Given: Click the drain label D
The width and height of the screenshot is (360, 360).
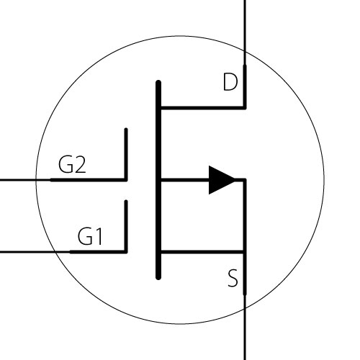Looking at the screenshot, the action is [x=230, y=82].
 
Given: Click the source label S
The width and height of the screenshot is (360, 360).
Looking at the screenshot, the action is [x=233, y=278].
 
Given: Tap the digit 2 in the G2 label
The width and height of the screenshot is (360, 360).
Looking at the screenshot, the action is [x=79, y=164].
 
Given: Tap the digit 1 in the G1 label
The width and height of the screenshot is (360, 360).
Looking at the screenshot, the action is [x=99, y=236].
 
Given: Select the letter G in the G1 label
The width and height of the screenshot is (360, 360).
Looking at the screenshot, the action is [x=85, y=236].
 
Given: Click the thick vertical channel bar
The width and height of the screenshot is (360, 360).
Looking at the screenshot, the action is [x=158, y=180].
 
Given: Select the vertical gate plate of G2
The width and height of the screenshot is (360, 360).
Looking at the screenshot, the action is [x=126, y=154].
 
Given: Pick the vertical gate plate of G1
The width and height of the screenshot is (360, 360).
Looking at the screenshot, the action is [x=126, y=226].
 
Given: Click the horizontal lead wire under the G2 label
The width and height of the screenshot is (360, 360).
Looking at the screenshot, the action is [x=63, y=180].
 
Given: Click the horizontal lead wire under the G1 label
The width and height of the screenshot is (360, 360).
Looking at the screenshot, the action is [x=63, y=252].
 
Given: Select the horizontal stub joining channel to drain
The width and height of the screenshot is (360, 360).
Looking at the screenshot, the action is [x=203, y=108].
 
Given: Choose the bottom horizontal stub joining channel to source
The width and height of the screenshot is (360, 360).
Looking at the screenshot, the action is [x=203, y=252].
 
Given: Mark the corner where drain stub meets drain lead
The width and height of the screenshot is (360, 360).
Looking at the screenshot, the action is [x=245, y=108].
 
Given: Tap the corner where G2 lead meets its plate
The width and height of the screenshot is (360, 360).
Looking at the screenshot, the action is [x=126, y=180].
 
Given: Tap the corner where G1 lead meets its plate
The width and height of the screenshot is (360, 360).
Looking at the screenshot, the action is [x=126, y=252].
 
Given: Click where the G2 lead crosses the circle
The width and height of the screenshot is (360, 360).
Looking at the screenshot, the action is [x=36, y=180].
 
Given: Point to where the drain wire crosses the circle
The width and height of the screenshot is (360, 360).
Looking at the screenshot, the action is [x=245, y=52].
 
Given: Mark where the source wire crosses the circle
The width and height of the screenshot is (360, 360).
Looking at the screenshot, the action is [x=245, y=308].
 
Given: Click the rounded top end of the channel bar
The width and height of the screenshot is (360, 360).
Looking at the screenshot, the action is [x=158, y=81].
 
